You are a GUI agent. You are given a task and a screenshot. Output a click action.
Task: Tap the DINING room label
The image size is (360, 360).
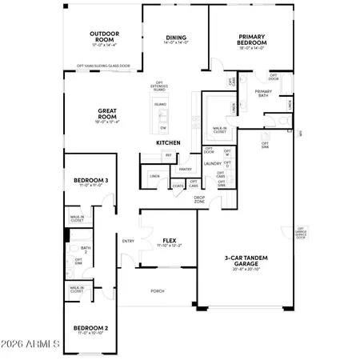pos(176,38)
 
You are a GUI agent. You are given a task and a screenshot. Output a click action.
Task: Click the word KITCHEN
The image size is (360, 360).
pos(168,143)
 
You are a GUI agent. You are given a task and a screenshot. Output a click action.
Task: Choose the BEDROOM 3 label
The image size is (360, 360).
pos(85,182)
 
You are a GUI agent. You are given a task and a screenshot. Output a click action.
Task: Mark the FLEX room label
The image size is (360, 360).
pos(169,241)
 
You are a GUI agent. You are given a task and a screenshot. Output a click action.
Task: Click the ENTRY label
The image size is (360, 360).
pos(128,242)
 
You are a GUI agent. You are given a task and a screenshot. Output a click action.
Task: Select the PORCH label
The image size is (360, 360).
pos(157,290)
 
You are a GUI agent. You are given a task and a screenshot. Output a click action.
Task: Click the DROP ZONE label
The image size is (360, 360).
pos(199,199)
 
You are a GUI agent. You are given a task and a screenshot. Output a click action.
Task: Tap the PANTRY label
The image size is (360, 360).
pos(185,170)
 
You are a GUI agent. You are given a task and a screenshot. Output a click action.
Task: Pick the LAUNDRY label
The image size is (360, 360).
pos(212,163)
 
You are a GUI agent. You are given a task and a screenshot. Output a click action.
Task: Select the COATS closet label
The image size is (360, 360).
pos(178,186)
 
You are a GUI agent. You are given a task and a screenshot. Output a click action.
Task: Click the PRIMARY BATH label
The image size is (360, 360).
pos(264,94)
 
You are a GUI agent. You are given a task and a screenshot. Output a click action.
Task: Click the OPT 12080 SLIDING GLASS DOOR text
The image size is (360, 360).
pos(104,66)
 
